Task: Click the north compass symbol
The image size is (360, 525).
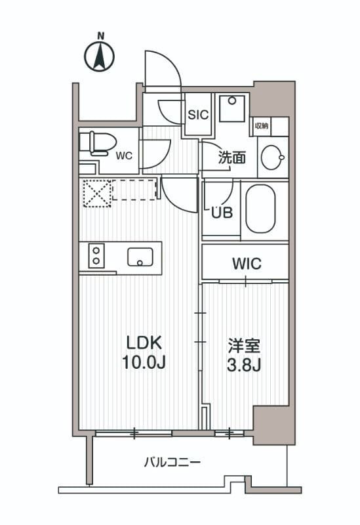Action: point(100,56)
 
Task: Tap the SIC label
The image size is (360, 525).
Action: point(197,114)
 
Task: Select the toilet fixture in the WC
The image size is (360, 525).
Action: point(97,142)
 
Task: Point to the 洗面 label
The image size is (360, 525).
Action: point(231,157)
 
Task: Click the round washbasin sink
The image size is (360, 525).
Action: point(272,157)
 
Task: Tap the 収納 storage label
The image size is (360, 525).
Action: point(262,125)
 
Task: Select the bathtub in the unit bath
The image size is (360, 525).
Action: point(261,208)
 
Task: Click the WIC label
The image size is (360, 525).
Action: point(247,264)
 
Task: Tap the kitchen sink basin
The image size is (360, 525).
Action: point(140,257)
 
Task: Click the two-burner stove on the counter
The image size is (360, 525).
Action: point(96,255)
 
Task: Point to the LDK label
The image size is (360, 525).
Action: point(139,343)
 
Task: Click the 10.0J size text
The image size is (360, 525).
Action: point(139,363)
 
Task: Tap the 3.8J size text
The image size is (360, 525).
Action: point(245,364)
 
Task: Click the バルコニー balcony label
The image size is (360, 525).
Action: point(172,462)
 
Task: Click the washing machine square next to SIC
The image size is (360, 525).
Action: point(231,108)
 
